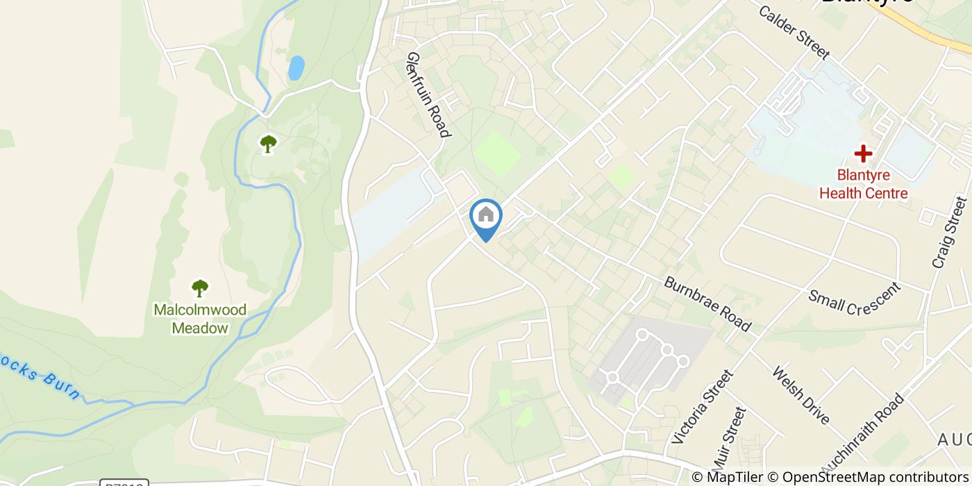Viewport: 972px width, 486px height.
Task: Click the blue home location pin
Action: tap(486, 217)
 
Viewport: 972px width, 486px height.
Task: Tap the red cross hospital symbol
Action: tap(863, 153)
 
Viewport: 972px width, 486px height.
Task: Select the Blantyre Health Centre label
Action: tap(863, 184)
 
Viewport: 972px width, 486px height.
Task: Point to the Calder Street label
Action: tap(794, 32)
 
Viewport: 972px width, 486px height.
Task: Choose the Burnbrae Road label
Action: tap(707, 304)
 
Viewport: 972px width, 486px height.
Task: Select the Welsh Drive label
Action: tap(801, 394)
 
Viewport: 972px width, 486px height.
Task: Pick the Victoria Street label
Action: tap(703, 407)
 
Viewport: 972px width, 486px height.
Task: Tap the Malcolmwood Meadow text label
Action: tap(200, 319)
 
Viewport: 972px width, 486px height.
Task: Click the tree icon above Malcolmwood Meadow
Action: tap(200, 287)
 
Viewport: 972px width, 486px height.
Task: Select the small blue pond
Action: tap(296, 68)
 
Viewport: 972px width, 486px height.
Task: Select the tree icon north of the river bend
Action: tap(268, 144)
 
